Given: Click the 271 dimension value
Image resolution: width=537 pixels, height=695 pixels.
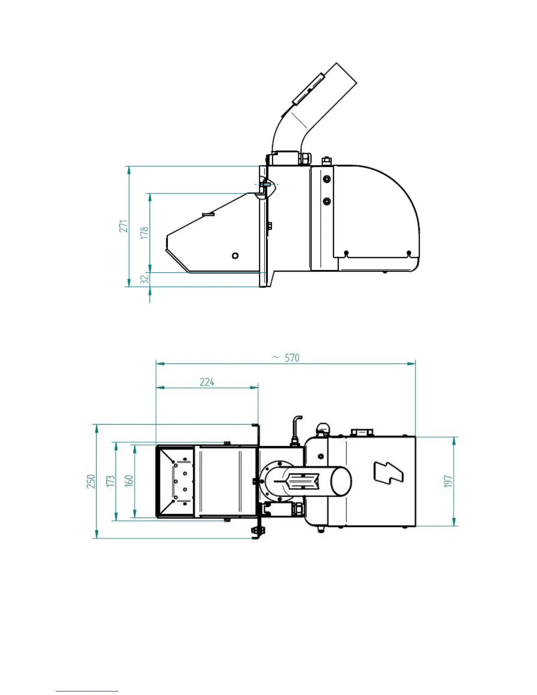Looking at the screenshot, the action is coord(123,226).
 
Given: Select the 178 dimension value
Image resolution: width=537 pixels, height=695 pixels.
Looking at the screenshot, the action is coord(145,233).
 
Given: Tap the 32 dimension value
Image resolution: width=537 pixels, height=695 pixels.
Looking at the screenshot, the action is coord(145,279).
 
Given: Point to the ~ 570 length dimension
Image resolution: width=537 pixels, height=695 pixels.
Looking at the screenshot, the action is coord(286,358).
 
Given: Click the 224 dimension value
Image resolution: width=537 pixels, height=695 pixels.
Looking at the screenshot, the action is coord(207,382).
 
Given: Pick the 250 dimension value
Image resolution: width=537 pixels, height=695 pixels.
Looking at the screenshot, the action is coord(91,481).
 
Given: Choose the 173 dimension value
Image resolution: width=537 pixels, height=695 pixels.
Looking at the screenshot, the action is coord(111,481).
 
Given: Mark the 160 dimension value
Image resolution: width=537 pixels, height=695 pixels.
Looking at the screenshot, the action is coord(129,481).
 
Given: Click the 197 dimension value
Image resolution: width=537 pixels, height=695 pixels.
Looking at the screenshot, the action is coord(448,481).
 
